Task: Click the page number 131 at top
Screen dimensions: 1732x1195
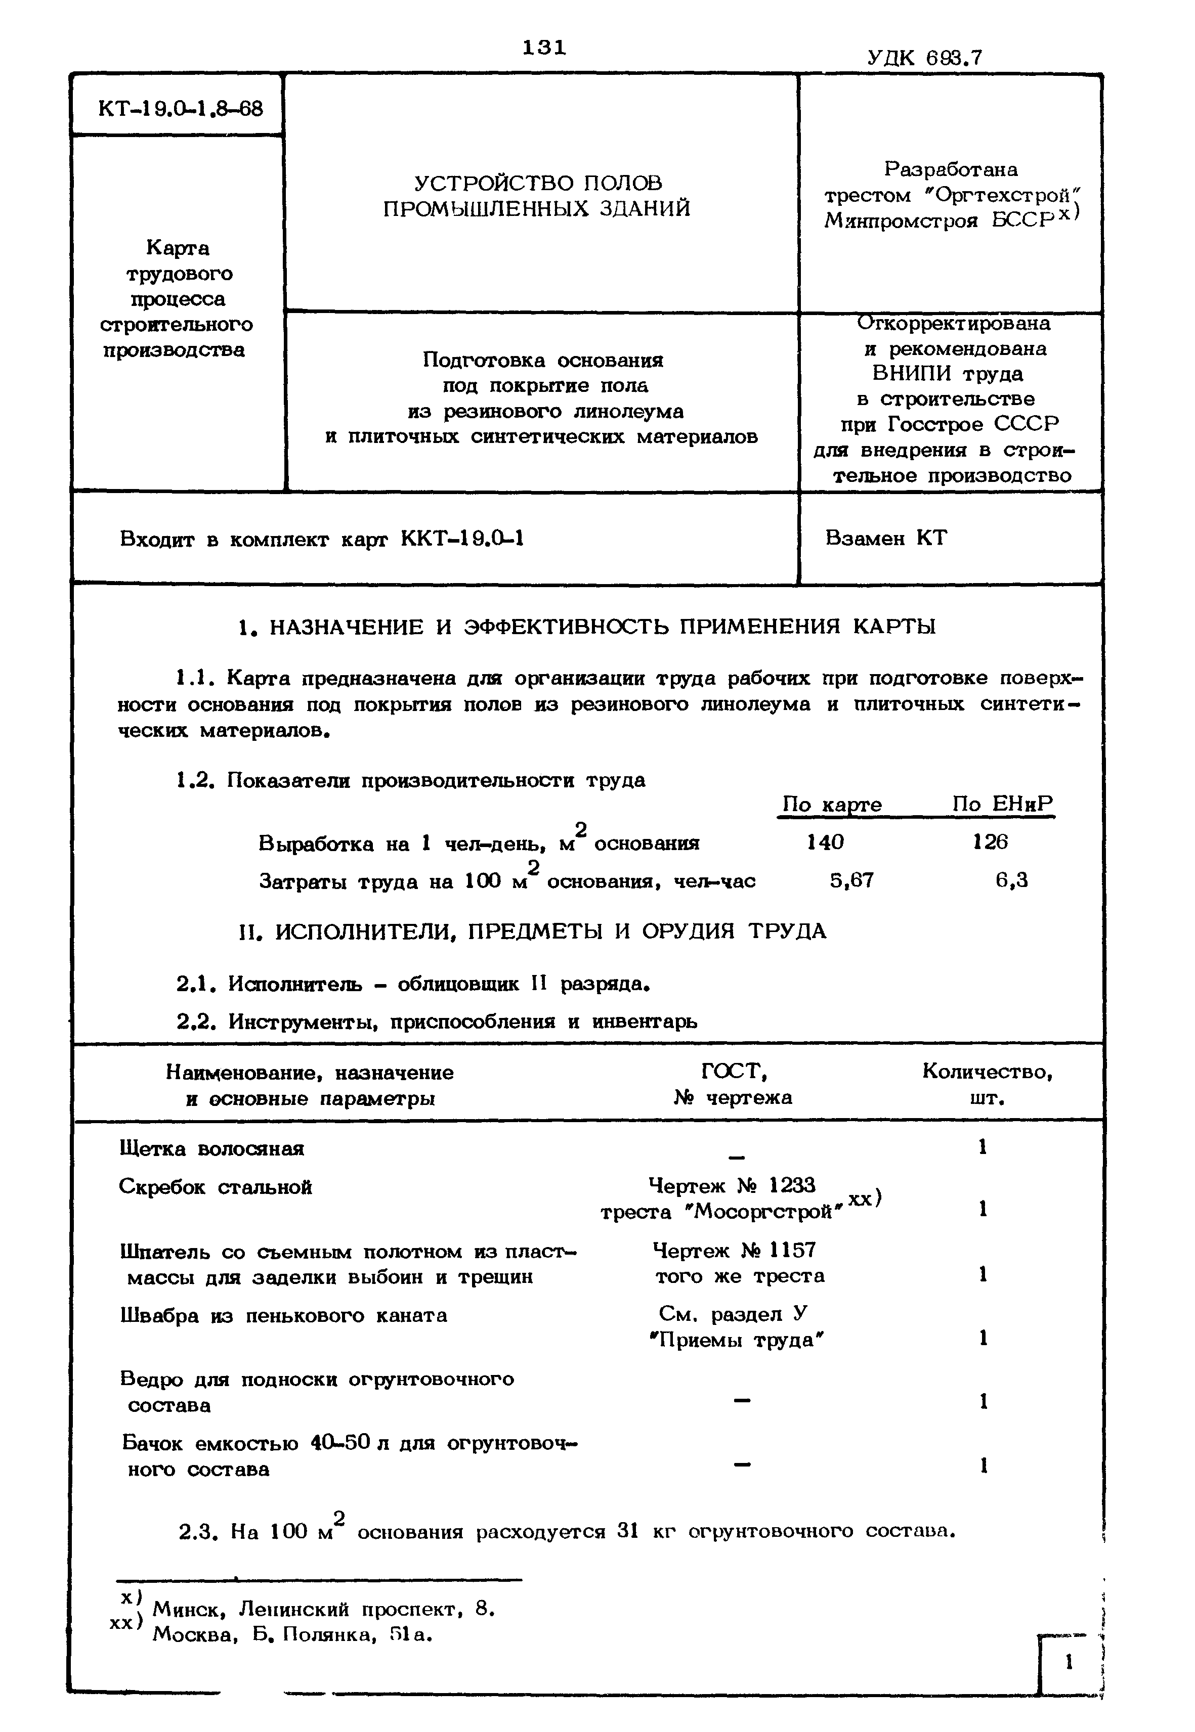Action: [544, 47]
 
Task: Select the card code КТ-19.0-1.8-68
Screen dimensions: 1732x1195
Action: [181, 109]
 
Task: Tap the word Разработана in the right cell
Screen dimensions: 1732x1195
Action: [951, 169]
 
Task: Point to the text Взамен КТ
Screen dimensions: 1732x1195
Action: [886, 538]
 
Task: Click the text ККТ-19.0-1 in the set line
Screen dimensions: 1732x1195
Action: [462, 538]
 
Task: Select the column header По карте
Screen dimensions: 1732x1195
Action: [831, 805]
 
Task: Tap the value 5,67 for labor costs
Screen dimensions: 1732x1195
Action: [851, 880]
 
